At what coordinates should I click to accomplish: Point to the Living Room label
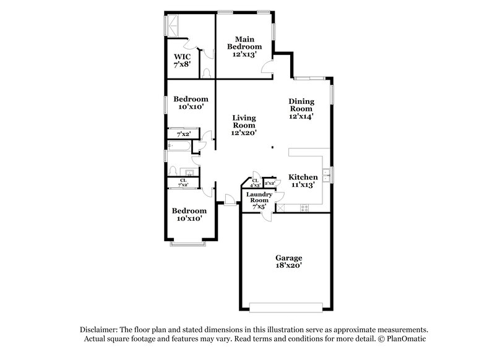(244, 124)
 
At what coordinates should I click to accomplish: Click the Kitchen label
(303, 181)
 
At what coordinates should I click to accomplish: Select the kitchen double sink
(326, 175)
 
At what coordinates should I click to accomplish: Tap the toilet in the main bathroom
(207, 73)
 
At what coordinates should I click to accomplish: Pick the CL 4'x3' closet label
(254, 182)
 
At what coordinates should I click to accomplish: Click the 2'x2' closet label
(270, 183)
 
